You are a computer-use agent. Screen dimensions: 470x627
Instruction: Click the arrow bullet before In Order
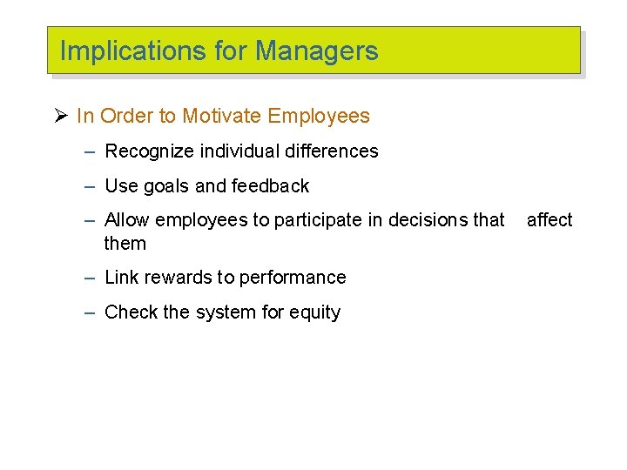coord(60,116)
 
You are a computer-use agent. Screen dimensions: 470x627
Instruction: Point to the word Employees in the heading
coord(319,116)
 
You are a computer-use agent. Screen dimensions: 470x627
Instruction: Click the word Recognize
coord(150,151)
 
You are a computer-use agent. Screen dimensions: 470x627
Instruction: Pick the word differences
coord(329,151)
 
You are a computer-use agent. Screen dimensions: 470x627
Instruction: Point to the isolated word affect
coord(549,220)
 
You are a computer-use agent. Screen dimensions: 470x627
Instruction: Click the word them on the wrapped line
coord(125,244)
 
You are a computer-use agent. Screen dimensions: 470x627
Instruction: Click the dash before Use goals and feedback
coord(90,185)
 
